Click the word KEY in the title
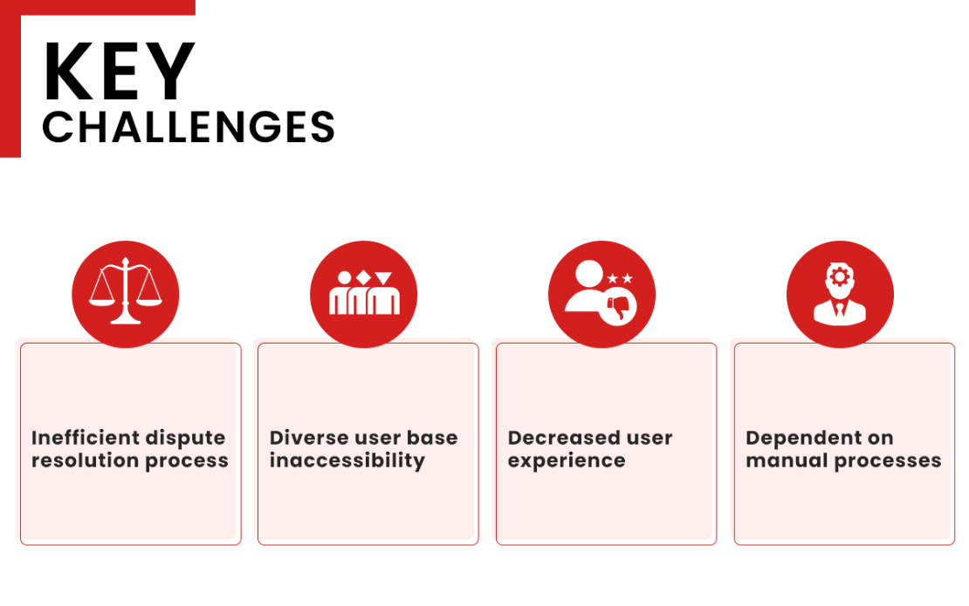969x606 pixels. click(x=120, y=71)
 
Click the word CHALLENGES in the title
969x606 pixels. click(x=189, y=127)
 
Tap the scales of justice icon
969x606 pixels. click(x=126, y=290)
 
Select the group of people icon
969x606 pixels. click(x=364, y=293)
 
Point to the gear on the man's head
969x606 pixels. click(x=839, y=277)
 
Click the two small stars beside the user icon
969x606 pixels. click(x=620, y=278)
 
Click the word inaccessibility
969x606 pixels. click(x=347, y=461)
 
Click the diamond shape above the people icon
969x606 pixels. click(x=363, y=277)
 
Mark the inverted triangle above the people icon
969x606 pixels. click(x=383, y=277)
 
